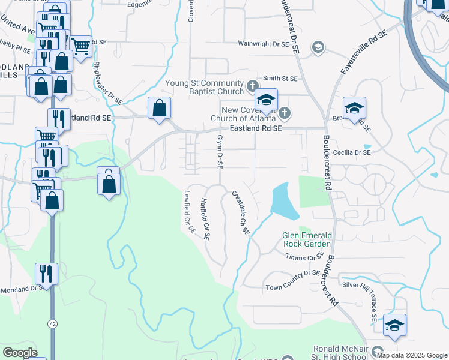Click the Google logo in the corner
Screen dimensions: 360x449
coord(20,353)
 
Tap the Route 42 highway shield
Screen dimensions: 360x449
coord(53,323)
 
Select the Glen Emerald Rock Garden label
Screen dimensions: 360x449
coord(307,239)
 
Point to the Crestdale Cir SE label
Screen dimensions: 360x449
coord(240,212)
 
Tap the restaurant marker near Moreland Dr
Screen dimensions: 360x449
coord(46,274)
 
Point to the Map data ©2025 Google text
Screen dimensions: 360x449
coord(412,355)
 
